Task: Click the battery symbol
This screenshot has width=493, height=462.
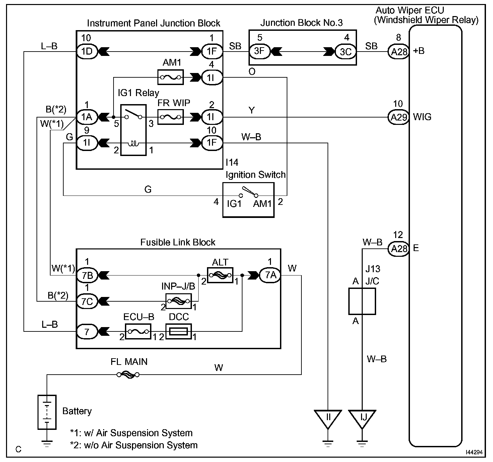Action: click(47, 412)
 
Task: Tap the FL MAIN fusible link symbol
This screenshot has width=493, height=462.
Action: click(128, 375)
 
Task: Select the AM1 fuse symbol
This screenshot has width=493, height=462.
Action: click(170, 78)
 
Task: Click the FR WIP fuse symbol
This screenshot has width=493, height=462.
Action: click(170, 117)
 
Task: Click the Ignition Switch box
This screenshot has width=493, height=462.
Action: click(248, 200)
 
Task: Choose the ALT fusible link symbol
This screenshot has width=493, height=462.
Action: click(220, 275)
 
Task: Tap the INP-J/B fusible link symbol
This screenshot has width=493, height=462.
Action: click(179, 301)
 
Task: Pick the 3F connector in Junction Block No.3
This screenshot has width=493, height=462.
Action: click(259, 52)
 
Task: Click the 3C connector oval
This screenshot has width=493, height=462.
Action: click(346, 52)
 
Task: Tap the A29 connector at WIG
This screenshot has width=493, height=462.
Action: click(399, 117)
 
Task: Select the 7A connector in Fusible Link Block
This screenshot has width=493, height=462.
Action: click(271, 275)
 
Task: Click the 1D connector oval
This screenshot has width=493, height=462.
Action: click(87, 52)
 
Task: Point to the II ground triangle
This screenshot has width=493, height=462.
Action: click(328, 418)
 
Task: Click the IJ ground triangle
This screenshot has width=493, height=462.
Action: click(362, 418)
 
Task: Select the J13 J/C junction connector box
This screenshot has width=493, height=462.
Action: click(362, 301)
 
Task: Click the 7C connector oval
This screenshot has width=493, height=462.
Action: click(87, 301)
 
